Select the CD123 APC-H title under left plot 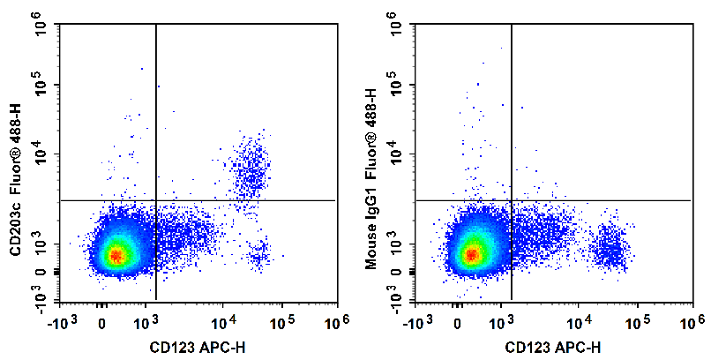point(198,348)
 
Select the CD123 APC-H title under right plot point(553,348)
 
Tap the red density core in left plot point(116,257)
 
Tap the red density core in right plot point(472,255)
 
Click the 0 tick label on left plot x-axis point(103,325)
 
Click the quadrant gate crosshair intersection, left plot point(156,200)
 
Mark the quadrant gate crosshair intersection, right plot point(512,200)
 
